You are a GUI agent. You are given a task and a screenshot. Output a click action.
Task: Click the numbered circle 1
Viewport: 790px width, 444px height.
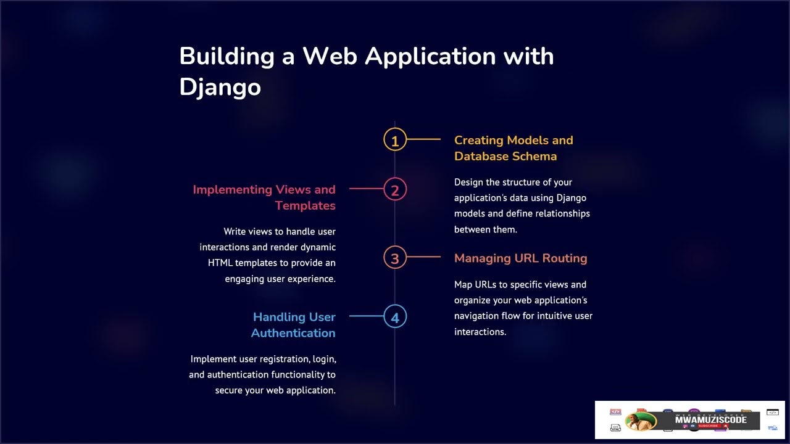pos(395,140)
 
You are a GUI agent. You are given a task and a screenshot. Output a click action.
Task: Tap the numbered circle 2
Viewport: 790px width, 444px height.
pos(395,189)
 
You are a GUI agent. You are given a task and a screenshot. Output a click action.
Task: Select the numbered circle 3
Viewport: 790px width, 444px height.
pos(395,258)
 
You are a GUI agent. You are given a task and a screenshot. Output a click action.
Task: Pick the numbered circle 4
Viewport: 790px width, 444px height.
pos(395,317)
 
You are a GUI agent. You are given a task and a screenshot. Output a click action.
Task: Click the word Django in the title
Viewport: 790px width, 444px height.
pos(220,87)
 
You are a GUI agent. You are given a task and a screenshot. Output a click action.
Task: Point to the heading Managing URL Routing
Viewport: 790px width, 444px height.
pos(520,258)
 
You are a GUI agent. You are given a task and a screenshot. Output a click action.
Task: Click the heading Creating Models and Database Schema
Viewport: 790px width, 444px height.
pos(513,148)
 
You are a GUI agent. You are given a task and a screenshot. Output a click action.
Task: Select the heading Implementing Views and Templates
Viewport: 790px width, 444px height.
pos(264,197)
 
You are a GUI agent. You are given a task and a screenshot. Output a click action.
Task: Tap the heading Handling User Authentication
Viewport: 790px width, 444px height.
pos(293,325)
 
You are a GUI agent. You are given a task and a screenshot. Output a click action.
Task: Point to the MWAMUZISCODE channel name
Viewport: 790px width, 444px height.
pos(710,419)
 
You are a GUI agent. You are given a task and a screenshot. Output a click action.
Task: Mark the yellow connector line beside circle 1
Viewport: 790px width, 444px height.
pos(423,140)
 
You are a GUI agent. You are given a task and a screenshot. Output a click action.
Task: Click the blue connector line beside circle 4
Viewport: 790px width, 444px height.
pos(366,316)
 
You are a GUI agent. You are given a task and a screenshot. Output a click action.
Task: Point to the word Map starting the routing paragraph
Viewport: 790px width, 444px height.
pos(463,285)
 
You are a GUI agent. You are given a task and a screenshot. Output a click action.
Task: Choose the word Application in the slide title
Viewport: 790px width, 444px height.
pos(430,56)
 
